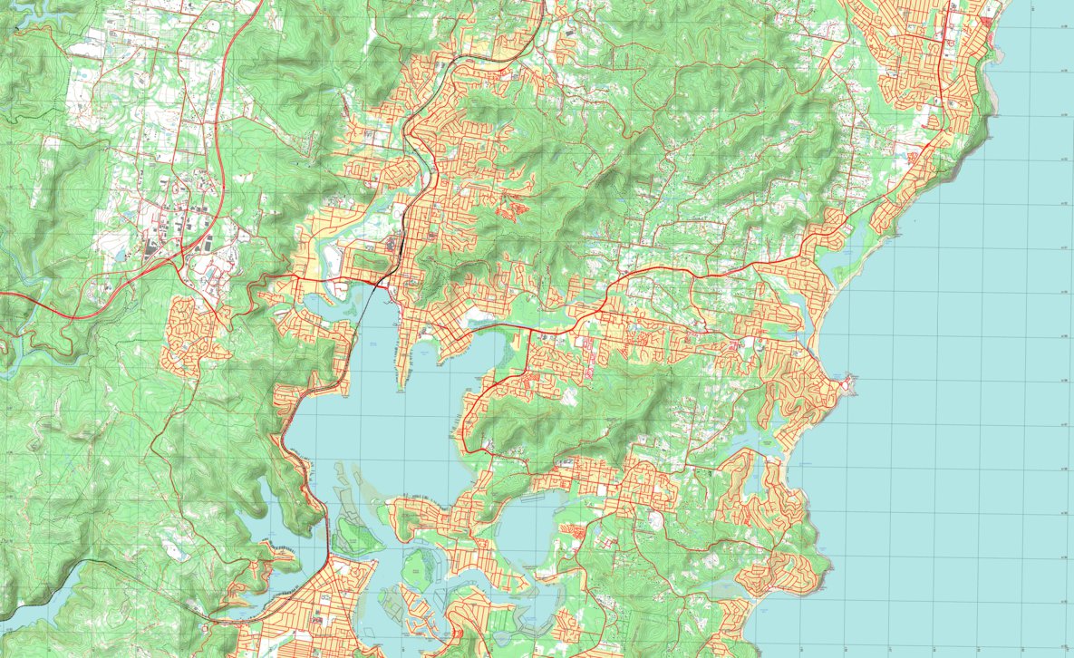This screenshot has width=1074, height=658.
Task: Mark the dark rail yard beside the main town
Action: pyautogui.click(x=395, y=245)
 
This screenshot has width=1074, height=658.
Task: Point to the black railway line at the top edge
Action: pyautogui.click(x=542, y=4)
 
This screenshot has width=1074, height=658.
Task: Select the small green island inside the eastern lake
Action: pyautogui.click(x=416, y=566)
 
